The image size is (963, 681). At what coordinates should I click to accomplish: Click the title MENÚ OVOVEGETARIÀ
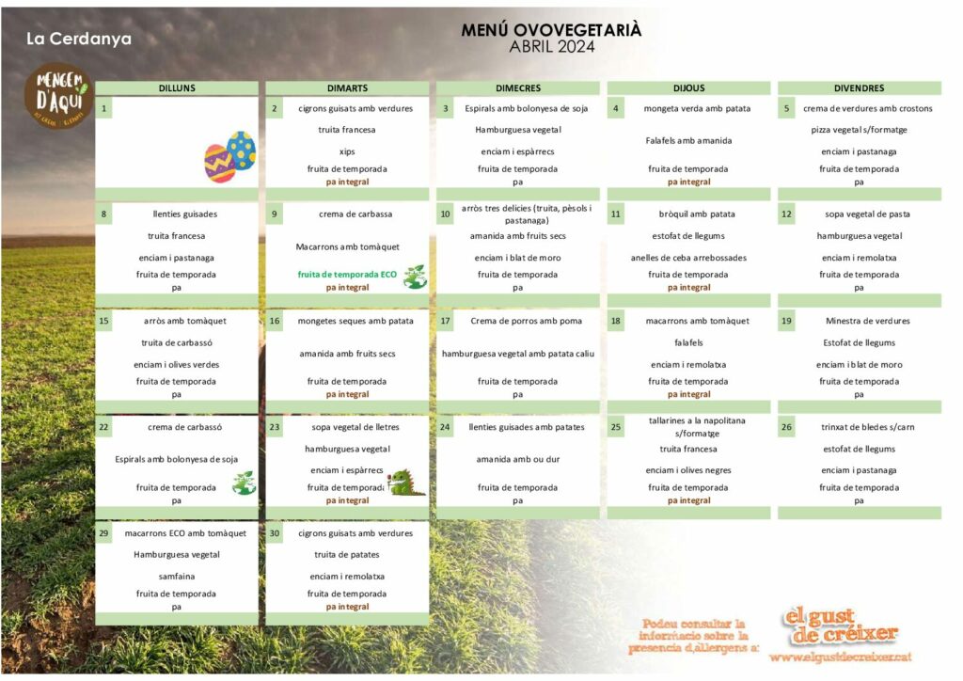point(551,30)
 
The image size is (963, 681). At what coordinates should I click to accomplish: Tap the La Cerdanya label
point(79,40)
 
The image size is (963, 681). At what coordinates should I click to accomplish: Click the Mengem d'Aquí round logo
point(57,94)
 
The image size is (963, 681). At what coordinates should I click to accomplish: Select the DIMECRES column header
point(517,88)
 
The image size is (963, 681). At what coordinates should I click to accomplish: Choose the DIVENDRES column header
point(858,88)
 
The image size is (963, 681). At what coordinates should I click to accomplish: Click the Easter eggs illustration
point(229,156)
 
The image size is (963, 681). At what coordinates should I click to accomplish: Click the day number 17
point(445,322)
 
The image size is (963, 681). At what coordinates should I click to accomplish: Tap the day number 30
point(275,534)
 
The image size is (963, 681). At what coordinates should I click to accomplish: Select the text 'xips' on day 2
point(347,151)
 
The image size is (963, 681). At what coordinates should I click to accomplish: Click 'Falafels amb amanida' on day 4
point(688,141)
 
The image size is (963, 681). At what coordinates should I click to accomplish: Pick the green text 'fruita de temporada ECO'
point(347,275)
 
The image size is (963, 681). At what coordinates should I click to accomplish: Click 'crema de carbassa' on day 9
point(347,214)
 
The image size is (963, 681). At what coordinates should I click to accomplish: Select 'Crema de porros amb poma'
point(526,322)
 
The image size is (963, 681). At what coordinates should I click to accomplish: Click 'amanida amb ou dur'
point(517,460)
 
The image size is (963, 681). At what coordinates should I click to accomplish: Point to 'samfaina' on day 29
point(176,577)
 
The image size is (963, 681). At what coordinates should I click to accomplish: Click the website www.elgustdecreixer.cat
point(840,657)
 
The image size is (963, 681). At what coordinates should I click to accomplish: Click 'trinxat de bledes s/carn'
point(859,428)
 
